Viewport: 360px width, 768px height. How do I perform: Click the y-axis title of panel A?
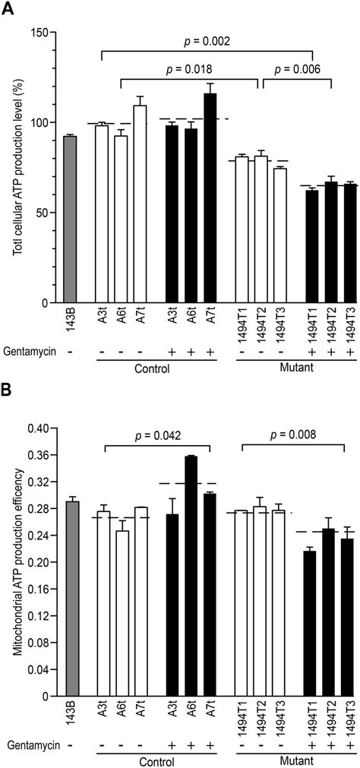click(14, 167)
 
